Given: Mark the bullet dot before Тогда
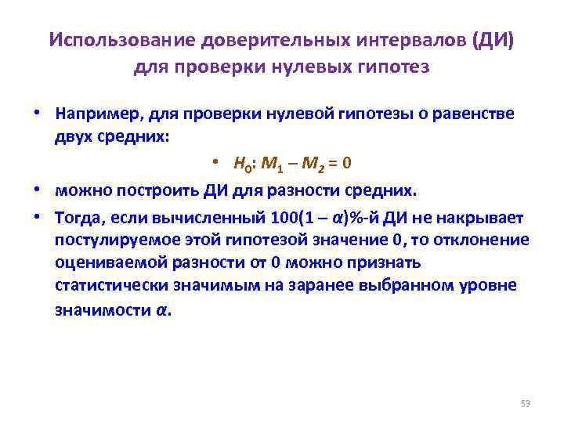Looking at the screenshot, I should (x=37, y=216).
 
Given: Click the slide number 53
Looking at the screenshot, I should (x=525, y=403).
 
